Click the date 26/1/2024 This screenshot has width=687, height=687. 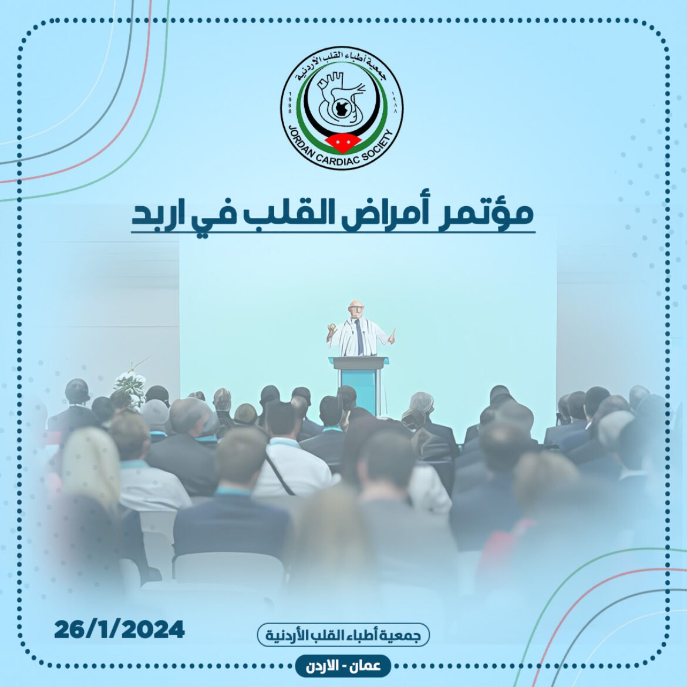[119, 630]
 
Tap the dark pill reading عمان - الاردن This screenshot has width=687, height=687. [343, 666]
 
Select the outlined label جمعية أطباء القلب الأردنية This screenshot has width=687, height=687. [343, 635]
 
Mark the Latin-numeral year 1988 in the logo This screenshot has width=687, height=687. [289, 103]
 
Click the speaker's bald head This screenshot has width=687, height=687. [356, 307]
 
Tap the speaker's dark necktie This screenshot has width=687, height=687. [359, 336]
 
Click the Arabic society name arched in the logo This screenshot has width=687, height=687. [342, 66]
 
